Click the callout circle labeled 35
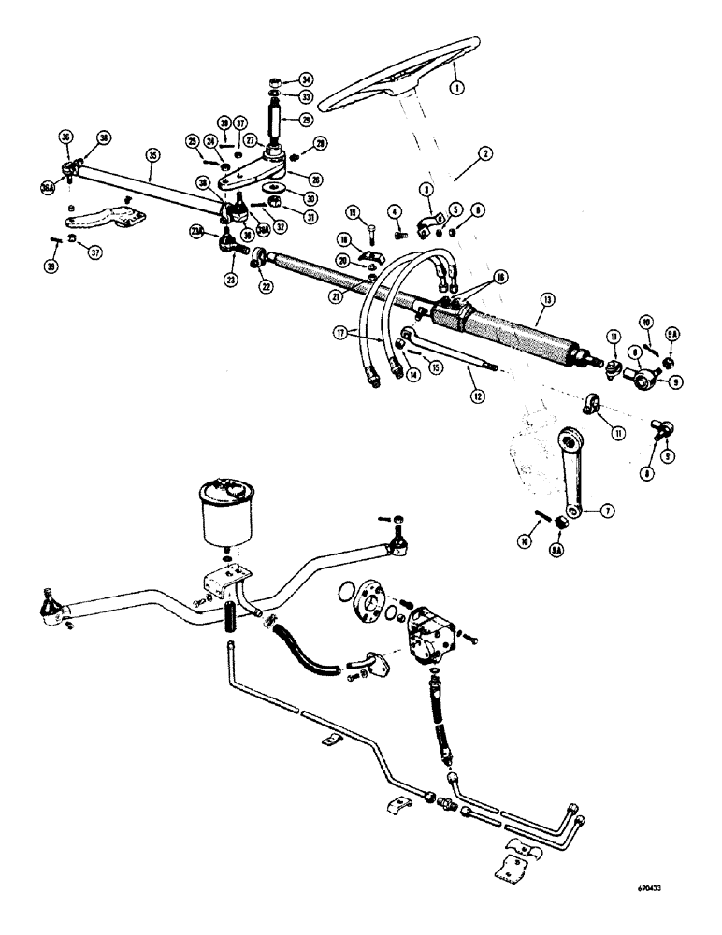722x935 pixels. [x=152, y=154]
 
